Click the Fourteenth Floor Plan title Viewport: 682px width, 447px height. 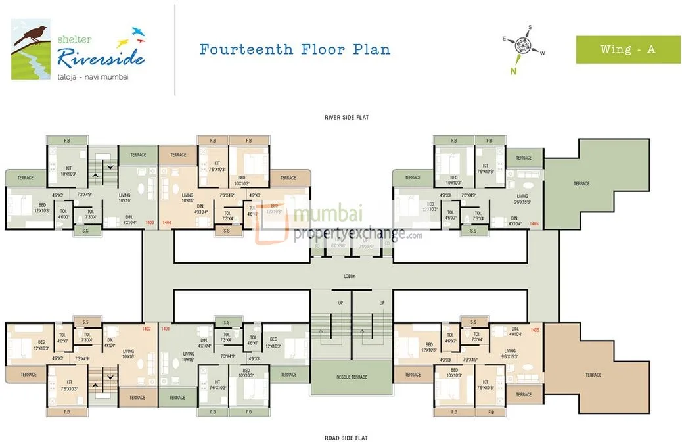(x=294, y=49)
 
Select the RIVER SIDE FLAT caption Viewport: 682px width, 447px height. (x=346, y=118)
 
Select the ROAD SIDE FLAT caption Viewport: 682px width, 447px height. (x=346, y=437)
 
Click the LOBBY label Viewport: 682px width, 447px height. (x=349, y=277)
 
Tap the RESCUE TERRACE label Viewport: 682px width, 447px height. (x=352, y=377)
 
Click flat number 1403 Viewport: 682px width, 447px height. (x=150, y=223)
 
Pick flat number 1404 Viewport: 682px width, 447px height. (x=167, y=223)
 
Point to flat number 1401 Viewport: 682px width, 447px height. (x=166, y=328)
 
